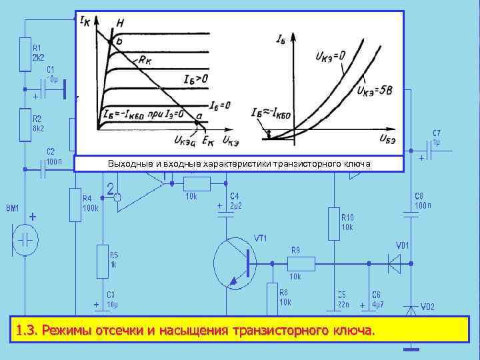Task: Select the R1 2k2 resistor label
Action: click(39, 52)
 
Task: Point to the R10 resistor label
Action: click(347, 222)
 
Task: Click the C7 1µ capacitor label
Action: click(436, 137)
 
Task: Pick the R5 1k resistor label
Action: click(114, 259)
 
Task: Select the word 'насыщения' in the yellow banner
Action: click(193, 330)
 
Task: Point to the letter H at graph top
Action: click(119, 23)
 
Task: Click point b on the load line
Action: click(119, 42)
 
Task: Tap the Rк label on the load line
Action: click(147, 60)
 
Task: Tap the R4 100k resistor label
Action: click(90, 203)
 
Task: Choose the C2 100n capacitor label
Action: click(54, 155)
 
